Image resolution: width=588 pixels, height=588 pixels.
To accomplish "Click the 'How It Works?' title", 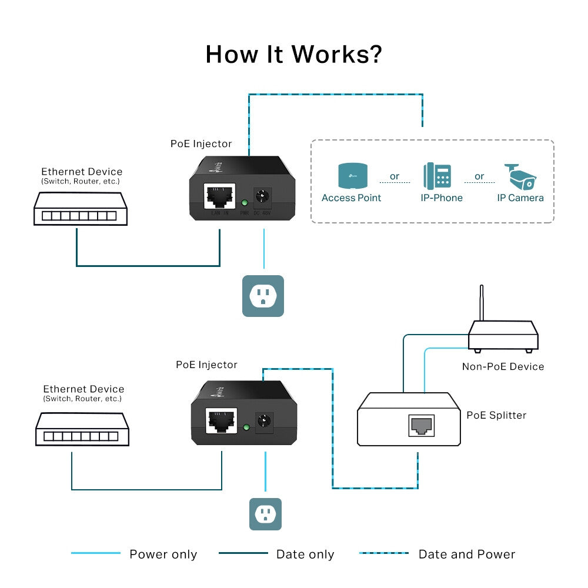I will pos(293,54).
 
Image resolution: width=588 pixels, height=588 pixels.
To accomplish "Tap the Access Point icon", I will pos(351,176).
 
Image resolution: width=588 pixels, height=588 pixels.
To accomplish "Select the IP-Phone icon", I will pos(437,176).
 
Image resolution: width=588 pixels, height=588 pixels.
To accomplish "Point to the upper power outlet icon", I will pos(263,296).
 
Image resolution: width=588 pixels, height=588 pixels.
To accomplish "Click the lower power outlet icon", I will pos(265,514).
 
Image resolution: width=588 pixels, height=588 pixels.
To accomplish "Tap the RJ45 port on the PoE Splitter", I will pos(421,425).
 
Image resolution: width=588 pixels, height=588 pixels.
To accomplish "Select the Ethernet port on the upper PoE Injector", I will pos(218,196).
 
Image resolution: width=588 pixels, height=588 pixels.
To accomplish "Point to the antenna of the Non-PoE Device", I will pos(482,303).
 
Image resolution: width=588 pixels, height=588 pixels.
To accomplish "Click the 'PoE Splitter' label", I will pos(496,415).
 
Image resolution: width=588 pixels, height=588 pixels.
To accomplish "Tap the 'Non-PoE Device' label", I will pos(503,366).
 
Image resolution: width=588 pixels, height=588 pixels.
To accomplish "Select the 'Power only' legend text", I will pos(163,554).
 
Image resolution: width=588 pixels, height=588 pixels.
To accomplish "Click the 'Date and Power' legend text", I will pos(466,554).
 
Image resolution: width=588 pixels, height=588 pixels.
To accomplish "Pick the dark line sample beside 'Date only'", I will pos(243,553).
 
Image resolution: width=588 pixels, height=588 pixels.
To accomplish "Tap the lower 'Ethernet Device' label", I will pos(83,389).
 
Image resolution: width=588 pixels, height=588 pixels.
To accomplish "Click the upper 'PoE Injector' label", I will pos(201,143).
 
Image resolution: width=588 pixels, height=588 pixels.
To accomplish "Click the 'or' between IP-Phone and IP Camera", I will pos(479,176).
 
